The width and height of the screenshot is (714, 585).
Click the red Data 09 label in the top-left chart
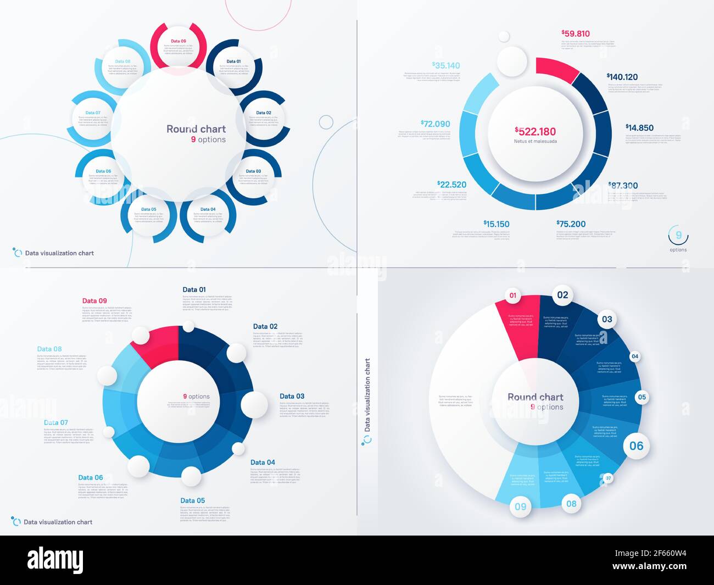178,41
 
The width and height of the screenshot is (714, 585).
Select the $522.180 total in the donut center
535,131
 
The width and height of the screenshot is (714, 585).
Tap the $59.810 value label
575,34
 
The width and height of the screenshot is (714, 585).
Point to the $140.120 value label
622,77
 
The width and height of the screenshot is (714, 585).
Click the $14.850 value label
639,127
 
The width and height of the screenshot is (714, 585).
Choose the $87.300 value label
623,186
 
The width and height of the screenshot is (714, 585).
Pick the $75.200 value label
571,224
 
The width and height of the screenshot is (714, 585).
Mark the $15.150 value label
496,224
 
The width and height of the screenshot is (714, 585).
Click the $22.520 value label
451,185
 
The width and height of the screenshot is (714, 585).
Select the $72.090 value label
435,124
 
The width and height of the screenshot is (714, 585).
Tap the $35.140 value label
445,65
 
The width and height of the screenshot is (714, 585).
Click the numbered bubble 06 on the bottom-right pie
636,446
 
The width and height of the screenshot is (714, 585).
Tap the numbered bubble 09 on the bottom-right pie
520,506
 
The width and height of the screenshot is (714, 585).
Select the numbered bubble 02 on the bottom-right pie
562,295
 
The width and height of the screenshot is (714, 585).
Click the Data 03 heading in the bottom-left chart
292,396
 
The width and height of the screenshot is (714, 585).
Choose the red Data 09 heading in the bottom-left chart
94,301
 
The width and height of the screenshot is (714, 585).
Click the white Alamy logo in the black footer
55,560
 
